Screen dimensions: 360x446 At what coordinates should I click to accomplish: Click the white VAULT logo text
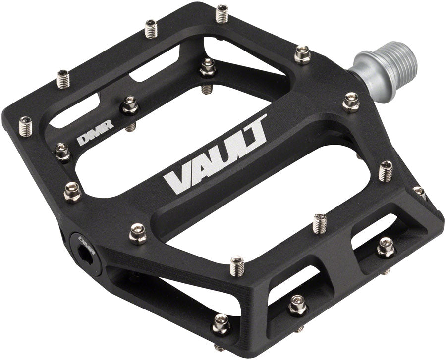(x=218, y=155)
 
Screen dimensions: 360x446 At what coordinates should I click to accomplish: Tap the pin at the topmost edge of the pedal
(x=222, y=13)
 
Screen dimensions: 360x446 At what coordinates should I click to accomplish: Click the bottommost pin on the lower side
(x=220, y=324)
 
